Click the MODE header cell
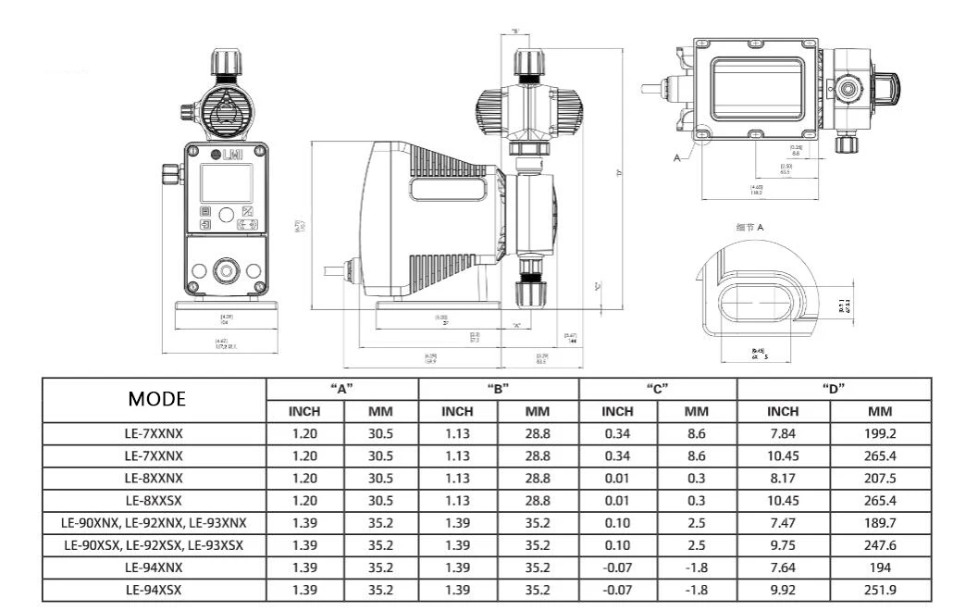click(x=156, y=399)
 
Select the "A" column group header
click(x=342, y=389)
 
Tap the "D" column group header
click(x=835, y=389)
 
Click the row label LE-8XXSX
click(x=154, y=500)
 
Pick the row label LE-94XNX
click(x=154, y=567)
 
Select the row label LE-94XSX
click(x=154, y=590)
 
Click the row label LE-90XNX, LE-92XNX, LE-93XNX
click(x=154, y=522)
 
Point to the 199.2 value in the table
click(x=880, y=432)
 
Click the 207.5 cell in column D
click(x=880, y=478)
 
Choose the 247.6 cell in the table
click(x=880, y=545)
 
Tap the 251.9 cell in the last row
click(x=880, y=590)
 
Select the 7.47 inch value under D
click(x=783, y=522)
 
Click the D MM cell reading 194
click(x=880, y=567)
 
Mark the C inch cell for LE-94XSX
click(x=617, y=590)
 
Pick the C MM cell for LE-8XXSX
click(x=696, y=500)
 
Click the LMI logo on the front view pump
click(x=227, y=156)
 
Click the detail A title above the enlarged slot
click(x=749, y=228)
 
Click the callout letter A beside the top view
click(x=676, y=158)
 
